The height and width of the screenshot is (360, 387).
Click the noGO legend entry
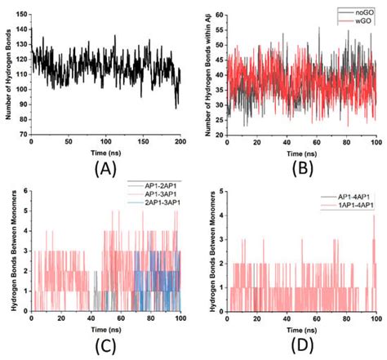pyautogui.click(x=360, y=11)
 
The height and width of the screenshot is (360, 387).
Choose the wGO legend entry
pyautogui.click(x=360, y=20)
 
